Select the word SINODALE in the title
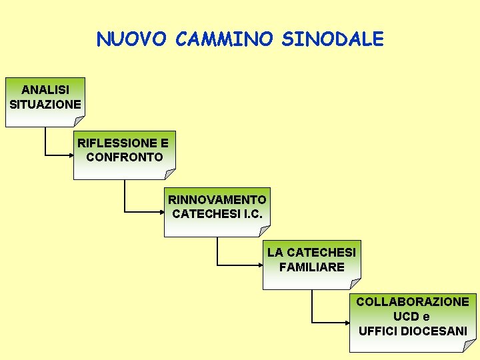pos(333,39)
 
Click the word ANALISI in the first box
pos(45,89)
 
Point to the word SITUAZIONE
pos(45,104)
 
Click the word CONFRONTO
pos(125,157)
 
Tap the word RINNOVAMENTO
pos(217,199)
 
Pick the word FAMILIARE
pos(312,267)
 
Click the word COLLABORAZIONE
pos(413,302)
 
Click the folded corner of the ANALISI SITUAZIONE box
pos(80,121)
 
